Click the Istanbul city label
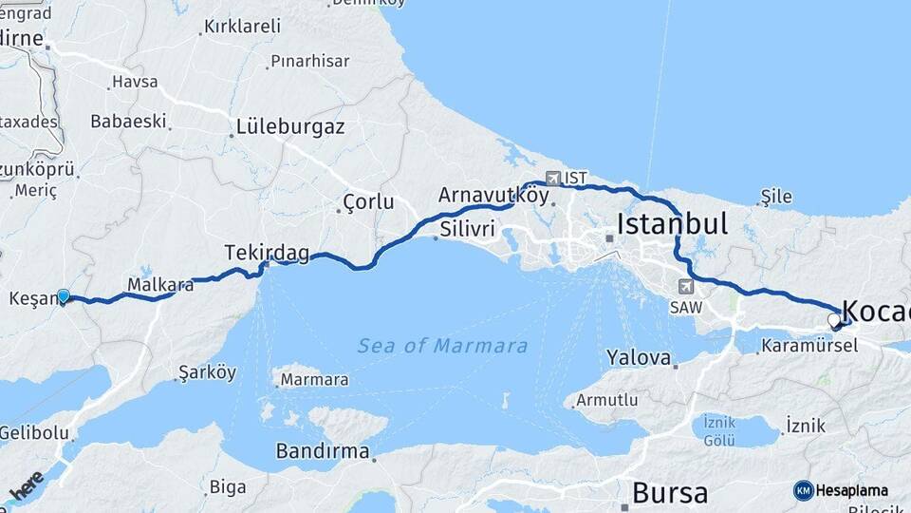[672, 224]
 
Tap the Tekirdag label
[267, 252]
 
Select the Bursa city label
[669, 493]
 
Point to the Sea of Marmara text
[442, 346]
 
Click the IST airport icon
[553, 178]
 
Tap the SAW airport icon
[685, 286]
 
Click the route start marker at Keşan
[64, 296]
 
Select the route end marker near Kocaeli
[834, 320]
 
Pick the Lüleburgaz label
[289, 126]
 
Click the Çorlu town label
[368, 201]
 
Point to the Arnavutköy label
[493, 195]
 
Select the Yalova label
[639, 358]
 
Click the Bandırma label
[322, 451]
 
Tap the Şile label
[775, 197]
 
